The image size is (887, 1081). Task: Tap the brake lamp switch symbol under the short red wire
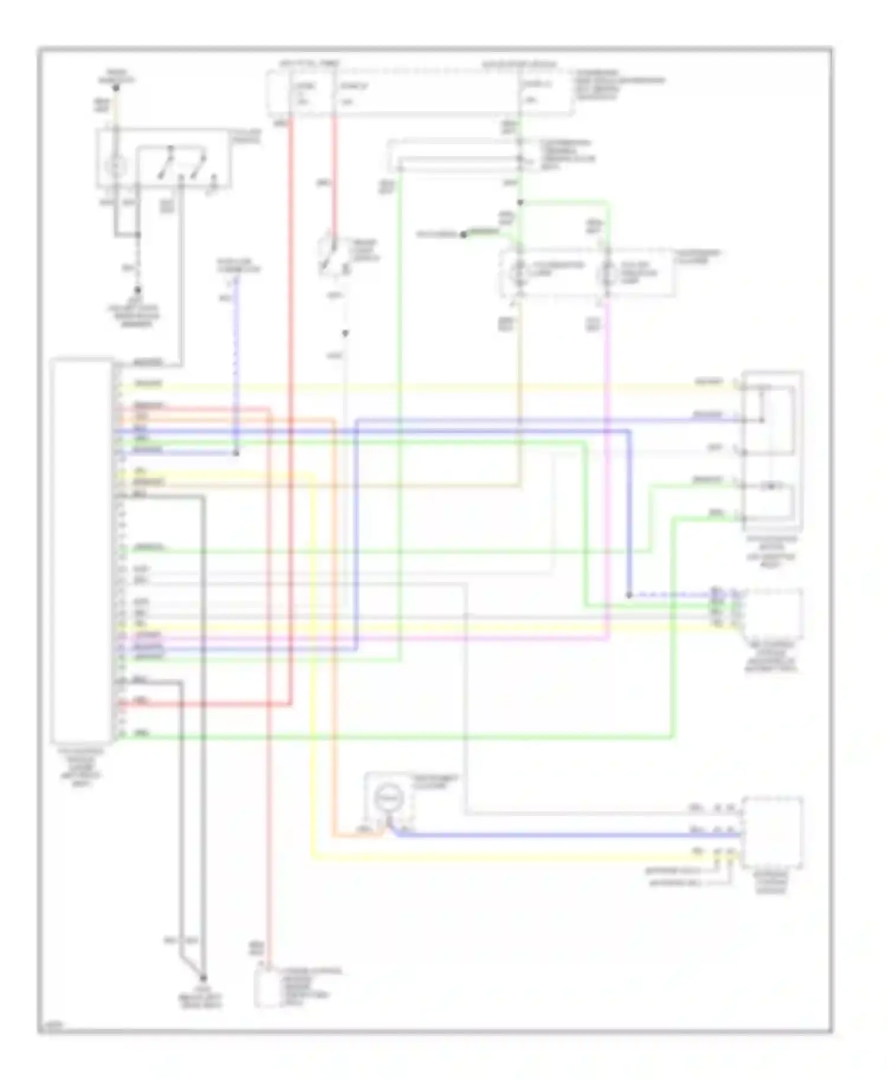point(329,255)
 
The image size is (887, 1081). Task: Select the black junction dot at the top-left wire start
point(116,88)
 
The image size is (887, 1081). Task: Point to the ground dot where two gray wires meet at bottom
point(203,978)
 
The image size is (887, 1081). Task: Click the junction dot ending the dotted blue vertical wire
point(235,453)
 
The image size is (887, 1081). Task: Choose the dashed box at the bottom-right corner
point(772,833)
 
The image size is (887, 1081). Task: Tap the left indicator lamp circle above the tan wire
point(519,272)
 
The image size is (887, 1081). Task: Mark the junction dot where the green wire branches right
point(520,203)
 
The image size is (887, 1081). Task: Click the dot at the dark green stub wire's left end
point(464,235)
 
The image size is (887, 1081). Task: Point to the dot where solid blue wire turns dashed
point(629,595)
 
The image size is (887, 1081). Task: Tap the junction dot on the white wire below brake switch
point(345,334)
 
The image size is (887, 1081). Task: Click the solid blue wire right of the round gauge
point(562,835)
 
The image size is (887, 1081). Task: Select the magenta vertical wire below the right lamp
point(608,473)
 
